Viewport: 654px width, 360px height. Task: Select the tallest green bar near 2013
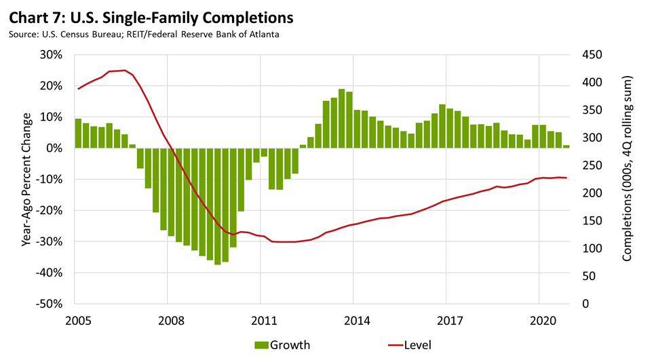coord(342,119)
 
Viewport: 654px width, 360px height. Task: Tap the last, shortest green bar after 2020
coord(566,146)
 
